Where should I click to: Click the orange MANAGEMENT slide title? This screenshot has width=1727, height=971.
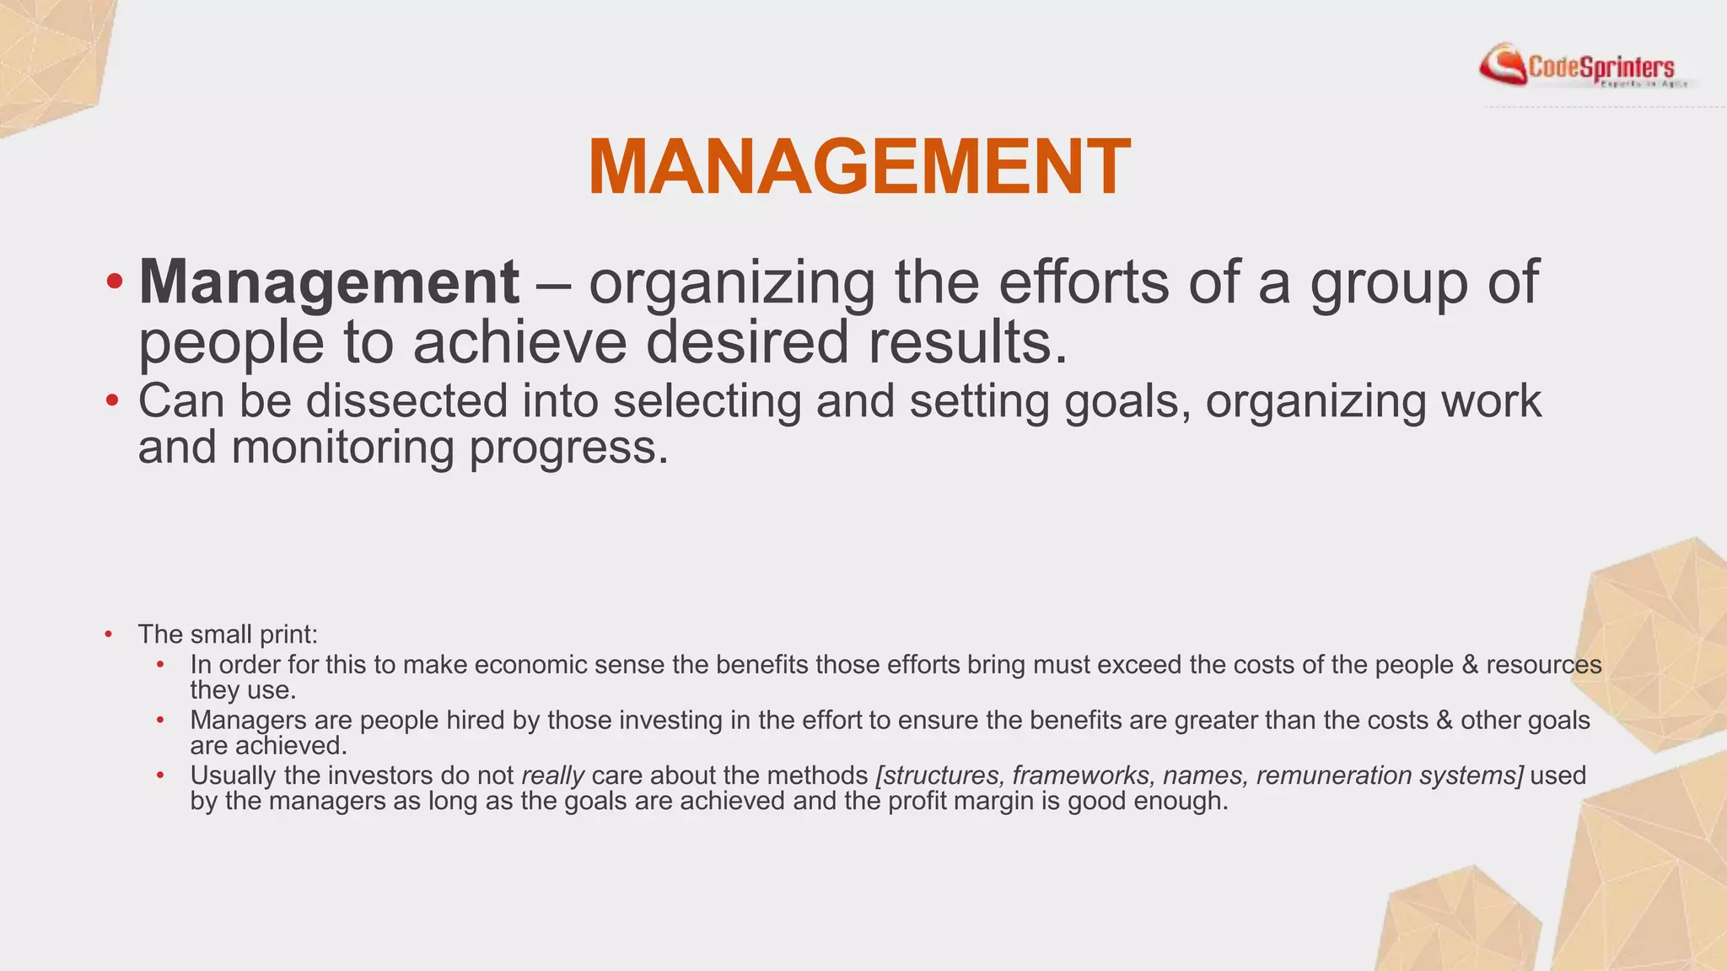coord(858,167)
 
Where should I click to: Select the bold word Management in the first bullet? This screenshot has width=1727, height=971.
coord(329,282)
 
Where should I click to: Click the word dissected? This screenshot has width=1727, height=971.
coord(406,401)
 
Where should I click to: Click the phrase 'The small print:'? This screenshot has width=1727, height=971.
coord(228,634)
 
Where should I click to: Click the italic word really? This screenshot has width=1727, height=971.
coord(552,775)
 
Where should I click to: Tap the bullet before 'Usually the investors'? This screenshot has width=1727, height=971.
coord(160,775)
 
